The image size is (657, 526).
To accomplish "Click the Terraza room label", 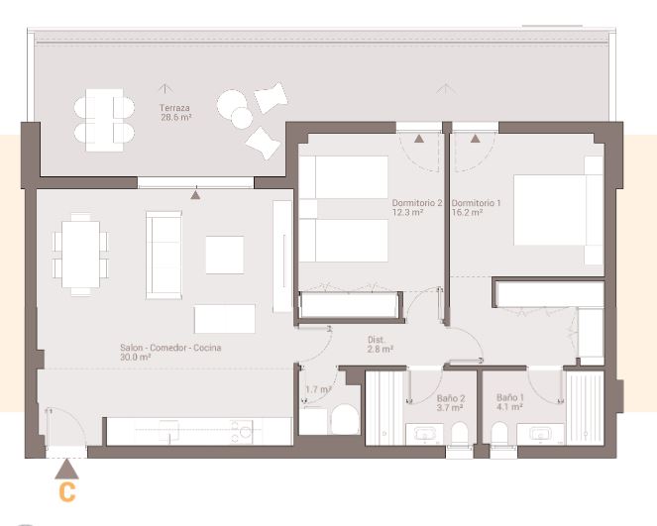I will pyautogui.click(x=174, y=107).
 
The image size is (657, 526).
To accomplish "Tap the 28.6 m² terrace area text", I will pyautogui.click(x=175, y=117).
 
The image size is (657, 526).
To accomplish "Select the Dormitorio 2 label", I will pyautogui.click(x=416, y=203).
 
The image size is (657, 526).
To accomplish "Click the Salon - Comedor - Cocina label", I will pyautogui.click(x=170, y=348).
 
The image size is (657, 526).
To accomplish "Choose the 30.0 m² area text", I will pyautogui.click(x=135, y=358).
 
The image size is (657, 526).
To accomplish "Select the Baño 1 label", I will pyautogui.click(x=511, y=396).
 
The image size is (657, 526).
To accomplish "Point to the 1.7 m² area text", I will pyautogui.click(x=318, y=390).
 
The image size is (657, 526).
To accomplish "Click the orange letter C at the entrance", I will pyautogui.click(x=66, y=491).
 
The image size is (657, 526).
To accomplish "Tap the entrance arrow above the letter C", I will pyautogui.click(x=66, y=468).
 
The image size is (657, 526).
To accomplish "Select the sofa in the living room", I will pyautogui.click(x=164, y=254).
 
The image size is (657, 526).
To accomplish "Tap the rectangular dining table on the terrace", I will pyautogui.click(x=104, y=120).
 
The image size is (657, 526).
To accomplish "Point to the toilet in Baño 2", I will pyautogui.click(x=459, y=434).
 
